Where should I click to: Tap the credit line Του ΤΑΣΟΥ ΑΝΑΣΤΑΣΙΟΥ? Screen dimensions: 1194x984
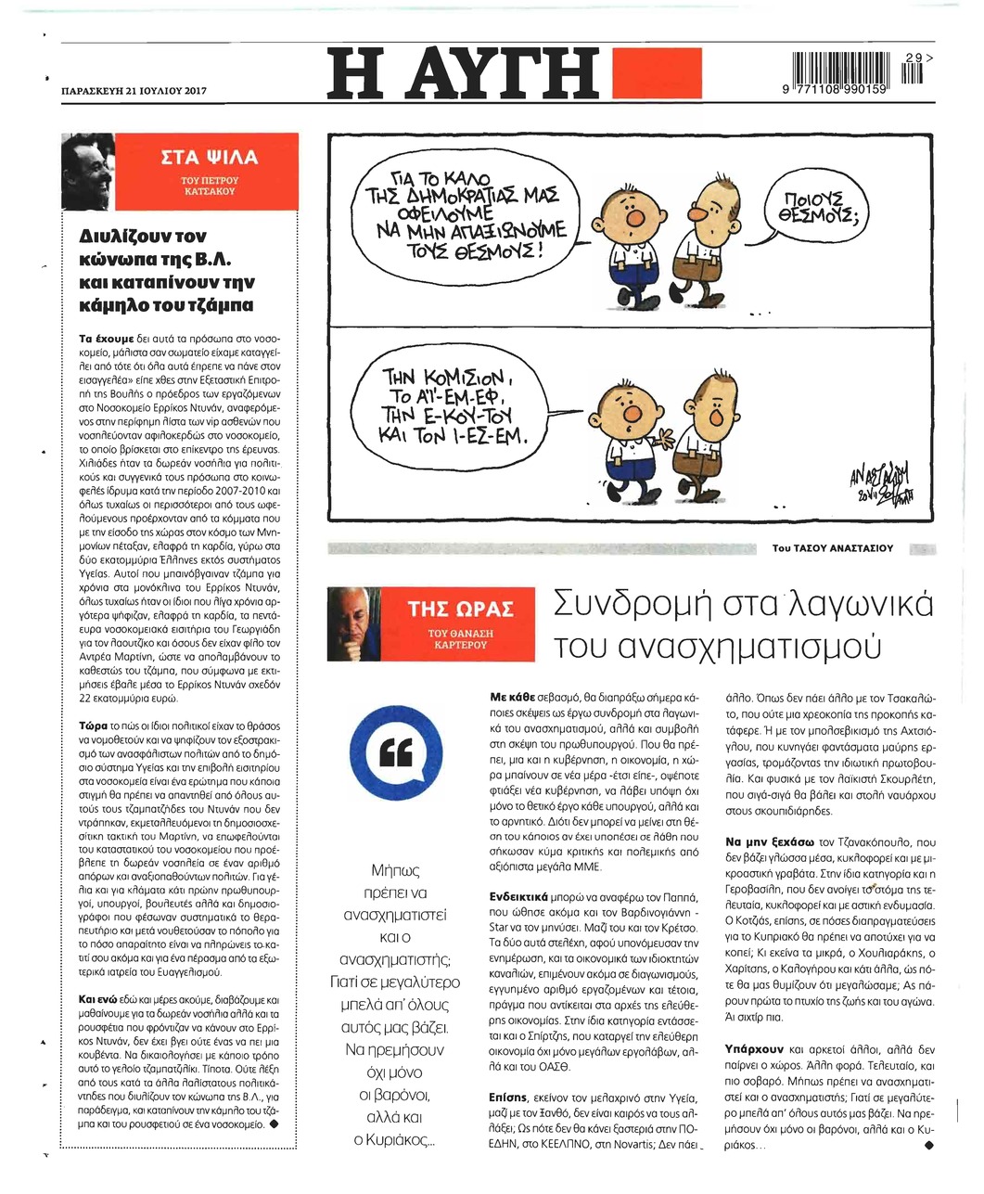coord(832,548)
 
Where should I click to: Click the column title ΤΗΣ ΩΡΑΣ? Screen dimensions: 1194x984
coord(461,610)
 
